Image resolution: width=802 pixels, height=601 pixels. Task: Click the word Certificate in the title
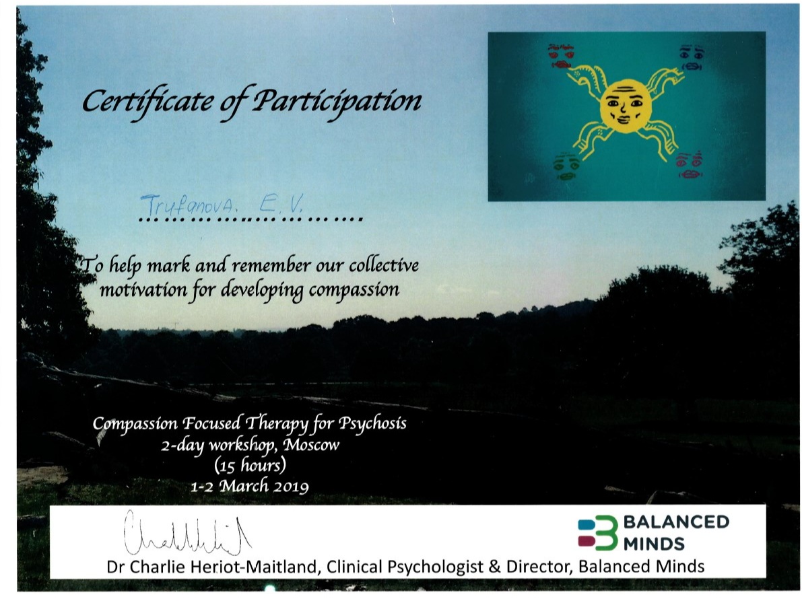click(148, 101)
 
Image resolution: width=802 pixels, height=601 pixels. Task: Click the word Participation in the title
click(337, 101)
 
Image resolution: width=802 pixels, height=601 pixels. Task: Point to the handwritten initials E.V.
click(280, 205)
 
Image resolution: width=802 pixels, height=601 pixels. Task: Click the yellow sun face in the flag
click(625, 106)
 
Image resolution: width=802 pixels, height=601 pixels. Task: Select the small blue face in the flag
click(692, 57)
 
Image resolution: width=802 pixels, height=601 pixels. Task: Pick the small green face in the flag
click(567, 166)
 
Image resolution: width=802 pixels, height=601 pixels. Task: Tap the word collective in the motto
click(384, 265)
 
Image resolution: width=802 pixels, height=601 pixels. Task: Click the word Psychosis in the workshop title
click(372, 424)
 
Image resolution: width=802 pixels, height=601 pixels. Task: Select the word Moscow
click(311, 445)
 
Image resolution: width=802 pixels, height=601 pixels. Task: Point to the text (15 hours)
click(250, 466)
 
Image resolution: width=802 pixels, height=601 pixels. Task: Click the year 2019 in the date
click(290, 486)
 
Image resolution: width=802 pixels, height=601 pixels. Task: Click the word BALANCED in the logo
click(676, 522)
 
